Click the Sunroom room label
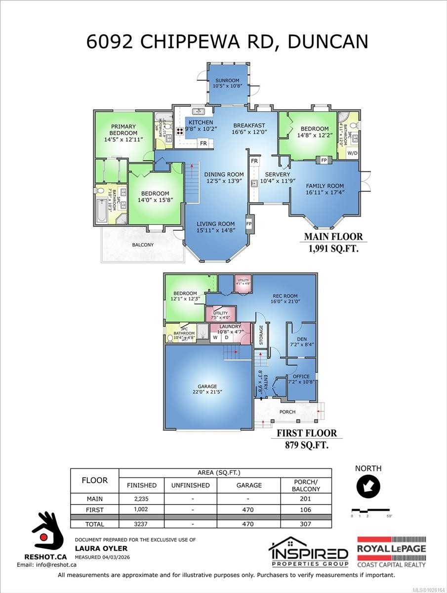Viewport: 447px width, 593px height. [226, 81]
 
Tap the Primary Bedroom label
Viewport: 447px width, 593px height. [123, 130]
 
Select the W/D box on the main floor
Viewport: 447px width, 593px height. [353, 153]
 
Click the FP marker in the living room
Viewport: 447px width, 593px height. [249, 223]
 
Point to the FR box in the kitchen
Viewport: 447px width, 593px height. [203, 144]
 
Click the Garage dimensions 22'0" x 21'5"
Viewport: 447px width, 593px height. [205, 393]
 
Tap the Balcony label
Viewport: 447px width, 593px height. [143, 245]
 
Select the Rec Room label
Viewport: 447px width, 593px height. [285, 295]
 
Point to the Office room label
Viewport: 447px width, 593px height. [301, 377]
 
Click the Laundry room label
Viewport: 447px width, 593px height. [230, 327]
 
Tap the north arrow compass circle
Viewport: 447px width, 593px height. [368, 487]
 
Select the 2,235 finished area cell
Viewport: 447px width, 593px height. [141, 499]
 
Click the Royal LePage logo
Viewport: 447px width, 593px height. [391, 551]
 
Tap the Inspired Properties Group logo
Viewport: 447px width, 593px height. [308, 552]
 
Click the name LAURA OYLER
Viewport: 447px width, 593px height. [101, 548]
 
